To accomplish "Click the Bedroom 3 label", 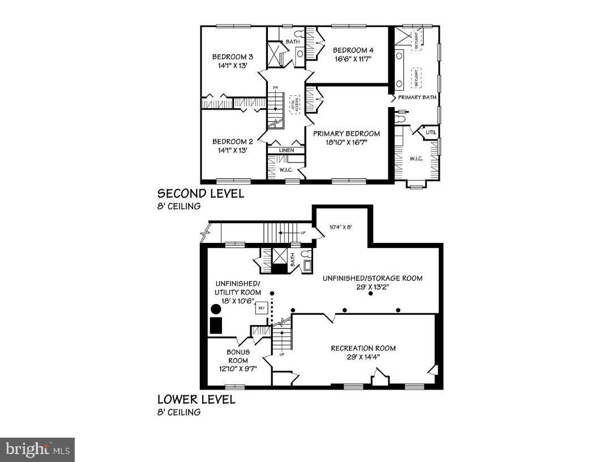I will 232,57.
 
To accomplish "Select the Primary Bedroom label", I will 347,134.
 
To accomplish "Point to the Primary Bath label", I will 417,97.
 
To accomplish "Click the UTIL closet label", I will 432,133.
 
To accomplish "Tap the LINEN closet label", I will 287,151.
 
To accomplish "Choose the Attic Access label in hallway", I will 294,105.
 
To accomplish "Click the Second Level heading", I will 200,194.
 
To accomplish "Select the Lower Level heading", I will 196,399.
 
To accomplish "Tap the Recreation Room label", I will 363,348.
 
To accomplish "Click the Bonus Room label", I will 238,356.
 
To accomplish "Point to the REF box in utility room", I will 262,309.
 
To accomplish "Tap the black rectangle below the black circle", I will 216,326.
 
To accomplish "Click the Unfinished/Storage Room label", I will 373,278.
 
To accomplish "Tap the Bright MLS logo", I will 37,450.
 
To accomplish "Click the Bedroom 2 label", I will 232,142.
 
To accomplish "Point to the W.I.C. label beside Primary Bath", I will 416,159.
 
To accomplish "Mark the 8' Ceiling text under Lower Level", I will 179,412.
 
